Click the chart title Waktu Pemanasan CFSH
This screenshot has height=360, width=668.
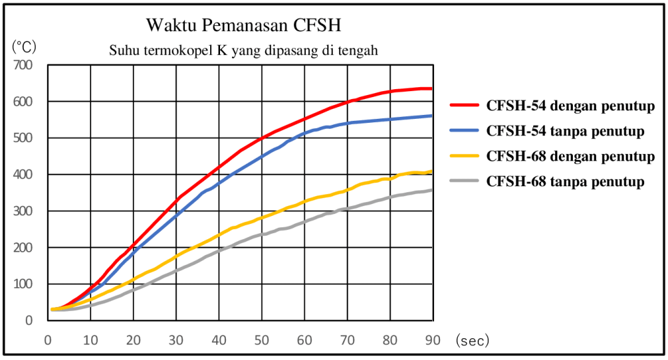point(244,26)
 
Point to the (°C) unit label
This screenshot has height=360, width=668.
point(25,47)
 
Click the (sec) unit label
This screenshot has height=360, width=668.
point(472,340)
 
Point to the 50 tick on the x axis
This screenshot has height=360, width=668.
point(262,340)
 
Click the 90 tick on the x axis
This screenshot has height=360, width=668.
point(432,340)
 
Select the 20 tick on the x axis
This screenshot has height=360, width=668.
point(133,340)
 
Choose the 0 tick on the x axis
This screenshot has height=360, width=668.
point(48,340)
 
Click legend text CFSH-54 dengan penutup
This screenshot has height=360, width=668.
point(570,106)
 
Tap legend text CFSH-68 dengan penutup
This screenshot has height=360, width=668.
point(570,157)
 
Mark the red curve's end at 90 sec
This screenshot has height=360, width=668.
point(431,89)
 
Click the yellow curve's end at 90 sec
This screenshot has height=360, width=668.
point(431,172)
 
